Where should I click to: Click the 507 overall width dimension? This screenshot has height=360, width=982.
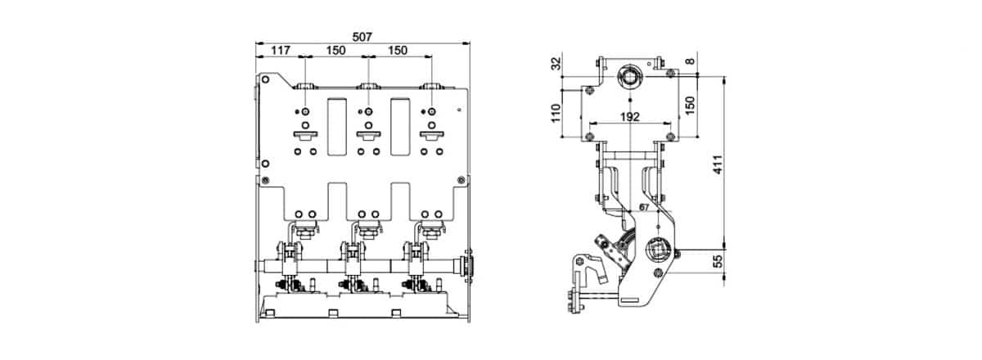coord(362,37)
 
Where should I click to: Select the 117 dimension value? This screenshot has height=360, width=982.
coord(280,51)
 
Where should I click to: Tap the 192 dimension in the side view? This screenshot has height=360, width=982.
coord(628,117)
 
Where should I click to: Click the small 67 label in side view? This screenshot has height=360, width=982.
coord(644,209)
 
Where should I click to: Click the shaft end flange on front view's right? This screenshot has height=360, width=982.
coord(468,265)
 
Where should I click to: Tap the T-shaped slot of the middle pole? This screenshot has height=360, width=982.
coord(367,135)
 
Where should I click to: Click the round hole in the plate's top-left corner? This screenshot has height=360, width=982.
coord(266,79)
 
